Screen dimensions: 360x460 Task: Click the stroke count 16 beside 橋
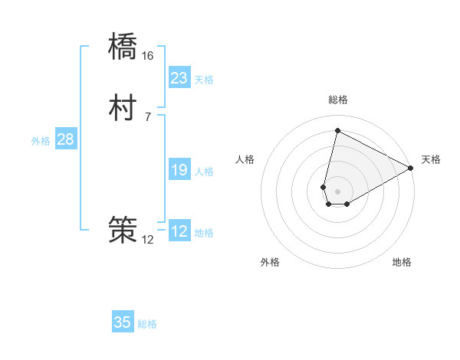click(x=148, y=56)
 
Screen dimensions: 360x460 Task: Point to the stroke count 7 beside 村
click(x=148, y=116)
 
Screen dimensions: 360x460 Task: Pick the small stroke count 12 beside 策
click(x=148, y=239)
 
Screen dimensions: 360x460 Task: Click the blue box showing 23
click(x=179, y=78)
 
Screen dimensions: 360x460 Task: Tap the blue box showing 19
click(x=179, y=170)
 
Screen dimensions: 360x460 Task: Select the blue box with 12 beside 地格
click(x=179, y=231)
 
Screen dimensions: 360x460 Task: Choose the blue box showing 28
click(x=65, y=139)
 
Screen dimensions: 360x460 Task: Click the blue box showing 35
click(x=123, y=322)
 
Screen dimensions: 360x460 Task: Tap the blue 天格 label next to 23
click(x=204, y=80)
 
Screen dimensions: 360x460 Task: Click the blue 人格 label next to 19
click(x=204, y=172)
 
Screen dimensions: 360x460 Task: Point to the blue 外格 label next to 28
click(x=41, y=141)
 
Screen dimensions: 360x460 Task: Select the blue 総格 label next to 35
click(x=147, y=324)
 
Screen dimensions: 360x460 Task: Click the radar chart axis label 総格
click(x=338, y=100)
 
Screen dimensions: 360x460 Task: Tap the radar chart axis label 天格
click(x=431, y=159)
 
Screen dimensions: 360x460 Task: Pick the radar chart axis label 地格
click(x=402, y=262)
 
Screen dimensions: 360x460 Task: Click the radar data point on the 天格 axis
click(x=411, y=169)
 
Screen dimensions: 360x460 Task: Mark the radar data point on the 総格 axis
click(x=337, y=131)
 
